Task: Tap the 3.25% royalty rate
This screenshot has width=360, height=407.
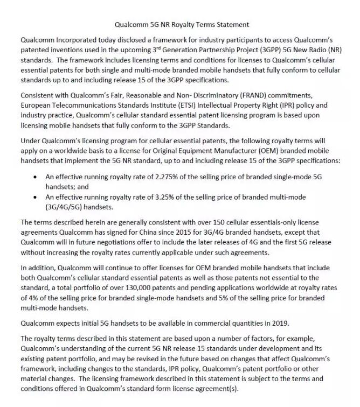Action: pyautogui.click(x=161, y=197)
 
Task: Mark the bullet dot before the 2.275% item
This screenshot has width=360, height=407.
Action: pyautogui.click(x=35, y=176)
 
